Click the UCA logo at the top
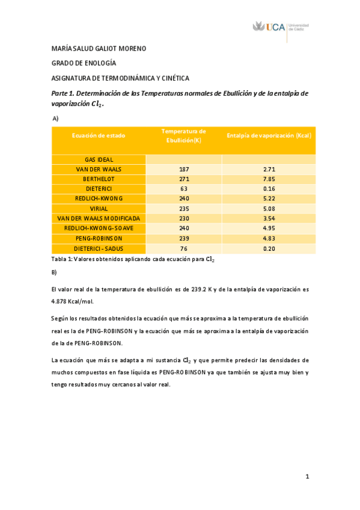[281, 28]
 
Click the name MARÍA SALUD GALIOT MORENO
[99, 49]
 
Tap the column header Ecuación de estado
[99, 135]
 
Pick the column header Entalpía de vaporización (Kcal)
[269, 135]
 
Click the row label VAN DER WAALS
[99, 170]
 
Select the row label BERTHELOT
[99, 179]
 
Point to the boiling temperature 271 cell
[184, 179]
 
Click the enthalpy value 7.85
[269, 179]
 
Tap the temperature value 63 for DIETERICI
[184, 189]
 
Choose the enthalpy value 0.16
[269, 189]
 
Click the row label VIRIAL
[99, 209]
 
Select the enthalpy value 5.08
[269, 209]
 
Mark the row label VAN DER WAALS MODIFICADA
[99, 218]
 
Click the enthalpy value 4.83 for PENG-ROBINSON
[269, 238]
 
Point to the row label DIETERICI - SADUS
[99, 248]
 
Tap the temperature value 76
[184, 248]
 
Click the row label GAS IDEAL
[99, 159]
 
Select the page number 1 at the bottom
[307, 477]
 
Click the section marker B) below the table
[55, 272]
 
